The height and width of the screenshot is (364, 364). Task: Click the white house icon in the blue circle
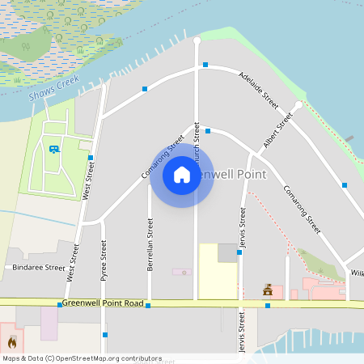182,174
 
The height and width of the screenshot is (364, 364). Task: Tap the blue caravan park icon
54,149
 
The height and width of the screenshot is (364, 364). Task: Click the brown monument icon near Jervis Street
267,290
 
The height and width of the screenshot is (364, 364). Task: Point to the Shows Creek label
53,87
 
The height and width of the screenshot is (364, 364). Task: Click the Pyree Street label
104,265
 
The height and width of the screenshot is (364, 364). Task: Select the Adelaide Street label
259,90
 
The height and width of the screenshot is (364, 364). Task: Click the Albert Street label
277,131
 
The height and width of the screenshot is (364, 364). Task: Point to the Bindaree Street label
38,268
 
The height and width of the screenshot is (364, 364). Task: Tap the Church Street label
197,146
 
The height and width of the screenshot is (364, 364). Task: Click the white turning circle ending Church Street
197,40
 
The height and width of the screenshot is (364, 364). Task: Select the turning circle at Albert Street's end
298,105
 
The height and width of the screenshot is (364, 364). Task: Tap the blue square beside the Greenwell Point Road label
60,305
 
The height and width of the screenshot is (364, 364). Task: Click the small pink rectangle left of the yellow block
182,272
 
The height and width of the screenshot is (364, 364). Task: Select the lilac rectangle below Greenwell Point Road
49,324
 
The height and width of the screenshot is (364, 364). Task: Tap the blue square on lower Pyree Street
104,334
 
